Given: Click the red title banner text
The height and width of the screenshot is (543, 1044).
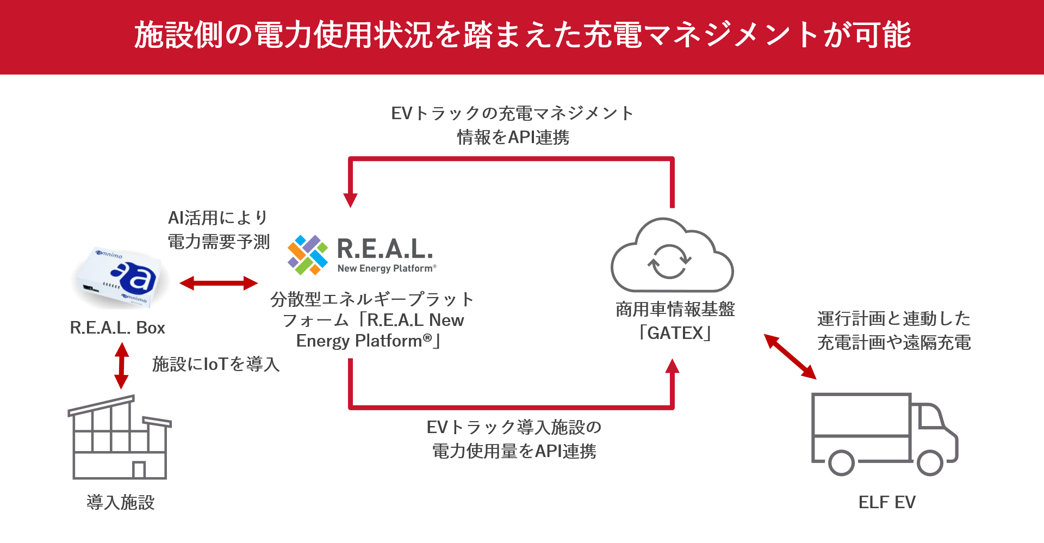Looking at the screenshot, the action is coord(523,35).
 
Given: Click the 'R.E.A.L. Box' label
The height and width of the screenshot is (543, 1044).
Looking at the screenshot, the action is coord(117,328).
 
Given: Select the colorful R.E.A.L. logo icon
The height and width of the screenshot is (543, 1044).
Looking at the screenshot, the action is coord(308,255).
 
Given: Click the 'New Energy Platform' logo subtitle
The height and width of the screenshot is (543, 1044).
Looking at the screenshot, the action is coord(387,268).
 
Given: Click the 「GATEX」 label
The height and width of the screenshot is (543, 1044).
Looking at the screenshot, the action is coord(675,332).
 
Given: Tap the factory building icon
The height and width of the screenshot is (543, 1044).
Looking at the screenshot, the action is coord(120,437).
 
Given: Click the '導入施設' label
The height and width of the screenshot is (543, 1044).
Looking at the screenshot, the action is coord(121,502).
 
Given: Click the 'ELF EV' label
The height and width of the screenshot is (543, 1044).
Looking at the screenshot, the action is coord(887,502).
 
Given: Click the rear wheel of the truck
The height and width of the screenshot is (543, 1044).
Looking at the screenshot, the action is coord(841,463).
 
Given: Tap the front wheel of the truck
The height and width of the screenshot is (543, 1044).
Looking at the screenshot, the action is coord(930,463).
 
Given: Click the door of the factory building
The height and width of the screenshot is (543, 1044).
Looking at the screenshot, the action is coord(139,470).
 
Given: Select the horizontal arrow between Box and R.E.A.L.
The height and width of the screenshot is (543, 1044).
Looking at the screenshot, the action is coord(219,283).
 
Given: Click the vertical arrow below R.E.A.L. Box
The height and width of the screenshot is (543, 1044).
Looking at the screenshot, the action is coord(122,366).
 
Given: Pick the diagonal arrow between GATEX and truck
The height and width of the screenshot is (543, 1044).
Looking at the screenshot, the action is coord(790,356).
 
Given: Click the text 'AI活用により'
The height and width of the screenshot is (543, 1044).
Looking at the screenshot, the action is coord(218,218).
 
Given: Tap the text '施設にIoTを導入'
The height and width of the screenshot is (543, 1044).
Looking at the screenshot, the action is coord(216,364).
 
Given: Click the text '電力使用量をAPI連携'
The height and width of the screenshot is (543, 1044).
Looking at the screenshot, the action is coord(514,451).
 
